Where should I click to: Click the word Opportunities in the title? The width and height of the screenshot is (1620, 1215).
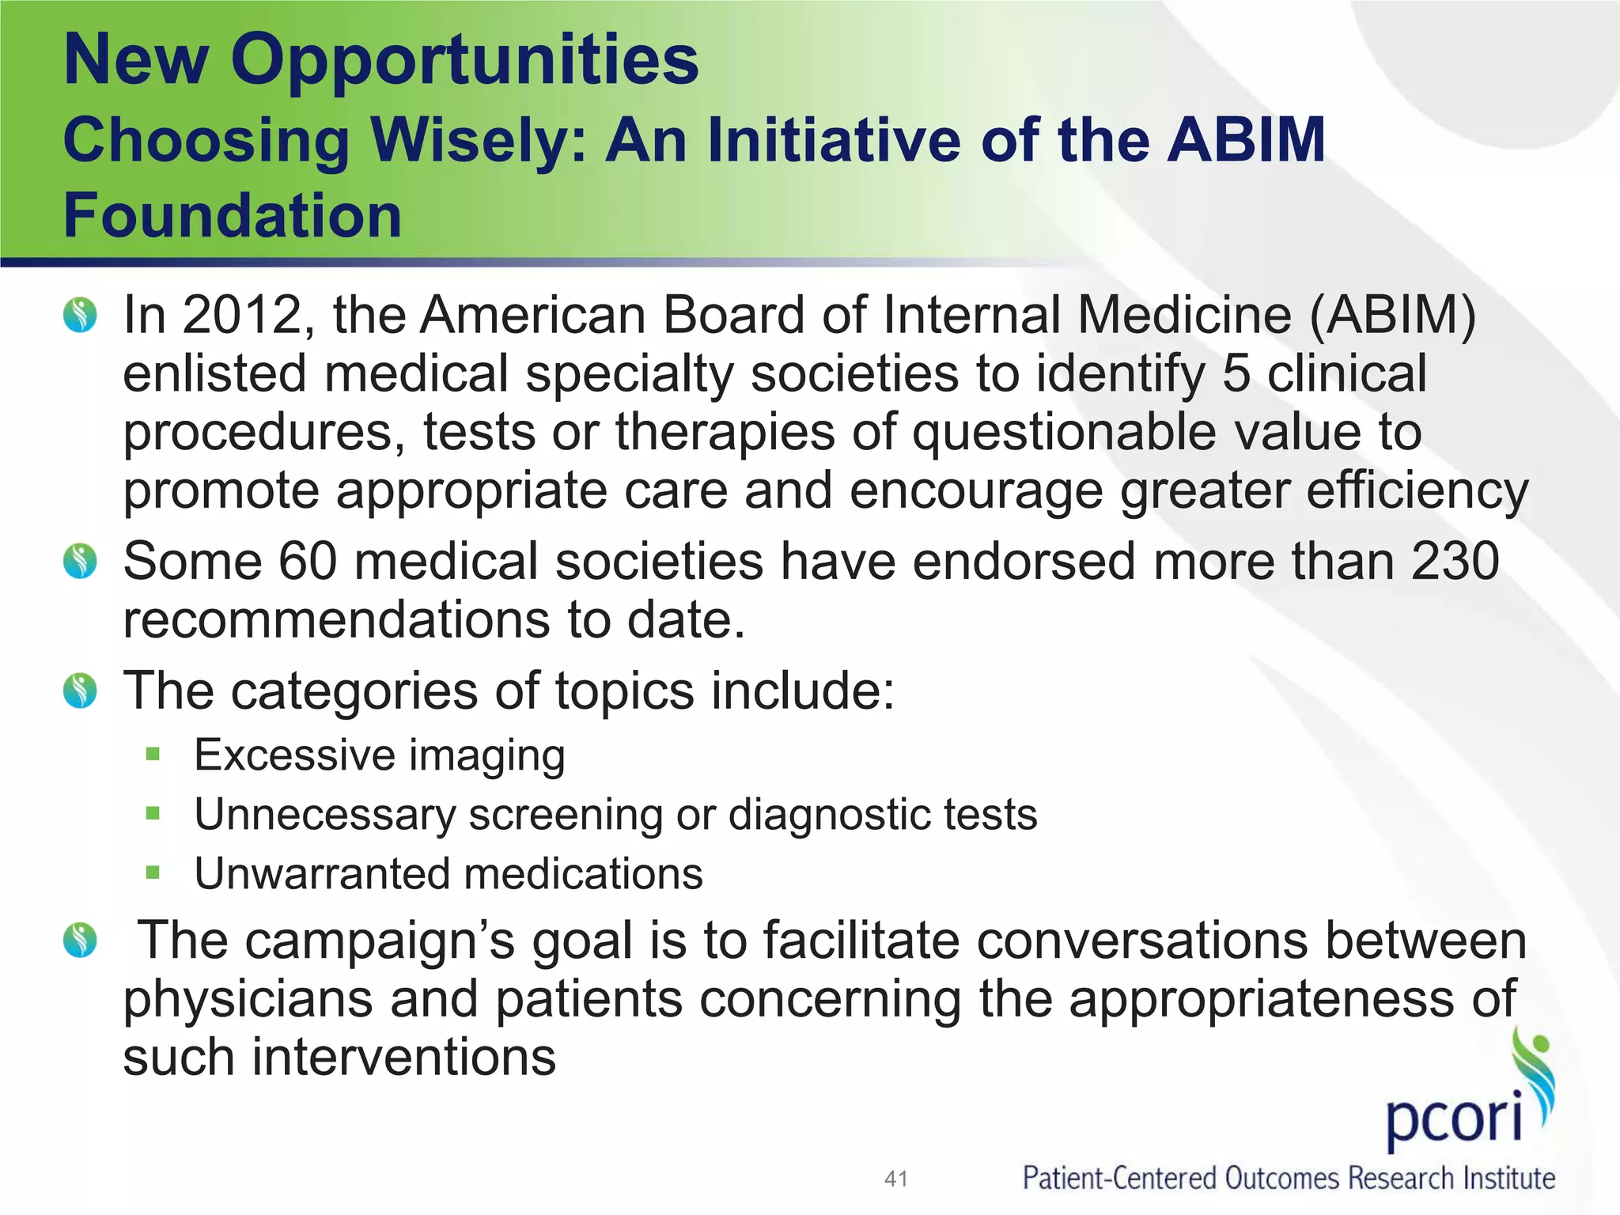click(464, 62)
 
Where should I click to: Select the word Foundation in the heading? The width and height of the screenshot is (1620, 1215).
click(233, 215)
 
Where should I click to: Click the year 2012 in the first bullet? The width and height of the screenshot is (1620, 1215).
click(243, 316)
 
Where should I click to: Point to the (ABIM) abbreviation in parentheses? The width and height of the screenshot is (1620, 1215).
click(1392, 316)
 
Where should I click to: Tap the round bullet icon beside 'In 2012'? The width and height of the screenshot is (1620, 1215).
click(80, 316)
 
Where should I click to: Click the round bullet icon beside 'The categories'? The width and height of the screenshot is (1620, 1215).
click(80, 691)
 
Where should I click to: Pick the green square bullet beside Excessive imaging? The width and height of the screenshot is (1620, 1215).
click(153, 754)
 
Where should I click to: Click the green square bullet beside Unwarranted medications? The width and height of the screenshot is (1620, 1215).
click(153, 873)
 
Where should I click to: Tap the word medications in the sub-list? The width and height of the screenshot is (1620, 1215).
click(584, 874)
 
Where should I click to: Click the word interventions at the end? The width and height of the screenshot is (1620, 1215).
click(404, 1058)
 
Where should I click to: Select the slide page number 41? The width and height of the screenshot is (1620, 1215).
click(895, 1179)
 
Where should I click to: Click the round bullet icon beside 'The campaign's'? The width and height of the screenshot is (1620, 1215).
click(80, 940)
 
